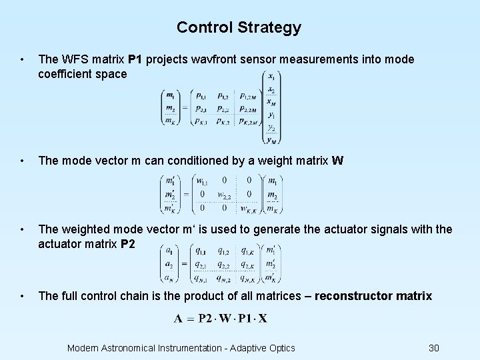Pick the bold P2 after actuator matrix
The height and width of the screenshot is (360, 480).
pos(129,244)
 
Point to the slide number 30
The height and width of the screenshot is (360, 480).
pos(434,347)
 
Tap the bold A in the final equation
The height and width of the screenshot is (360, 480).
pos(178,318)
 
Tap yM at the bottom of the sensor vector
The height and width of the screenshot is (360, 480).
pos(271,139)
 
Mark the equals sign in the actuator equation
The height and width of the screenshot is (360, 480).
pos(184,265)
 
